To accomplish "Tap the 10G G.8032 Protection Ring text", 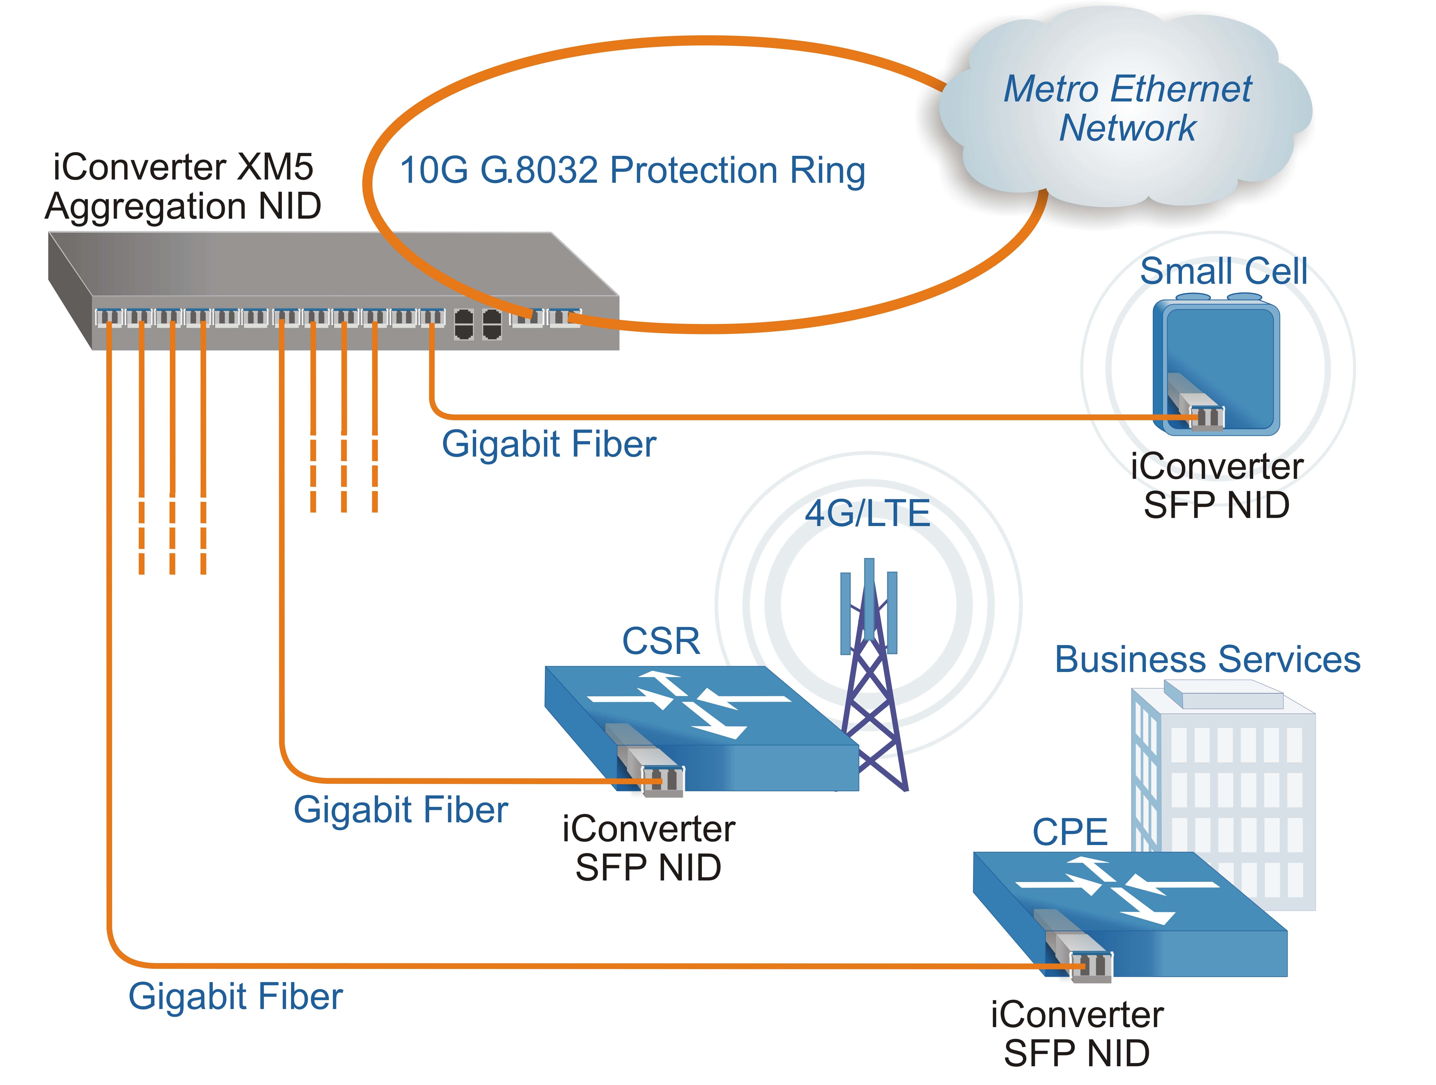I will [632, 171].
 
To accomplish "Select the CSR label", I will [661, 641].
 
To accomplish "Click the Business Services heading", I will [1207, 660].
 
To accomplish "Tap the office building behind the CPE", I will [1233, 779].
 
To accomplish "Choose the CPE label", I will [1070, 832].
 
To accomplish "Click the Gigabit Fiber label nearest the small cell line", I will [549, 445].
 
